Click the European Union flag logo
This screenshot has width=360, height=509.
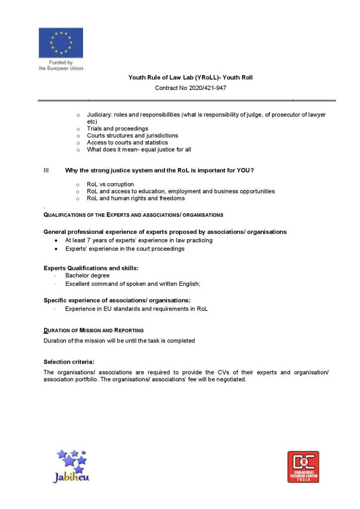[x=61, y=43]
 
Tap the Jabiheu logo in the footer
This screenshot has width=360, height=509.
[x=71, y=466]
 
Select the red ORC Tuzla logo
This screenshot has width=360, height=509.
[x=303, y=467]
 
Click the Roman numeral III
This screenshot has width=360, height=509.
[x=46, y=170]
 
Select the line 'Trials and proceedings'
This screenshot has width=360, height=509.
[x=117, y=129]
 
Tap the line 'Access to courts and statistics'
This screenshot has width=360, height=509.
[x=127, y=143]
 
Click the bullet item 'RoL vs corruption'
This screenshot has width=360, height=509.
[x=110, y=184]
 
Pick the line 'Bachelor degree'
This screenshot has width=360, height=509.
[x=88, y=275]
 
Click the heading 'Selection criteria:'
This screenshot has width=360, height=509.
[x=69, y=362]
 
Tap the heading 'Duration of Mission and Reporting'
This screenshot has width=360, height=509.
[x=93, y=331]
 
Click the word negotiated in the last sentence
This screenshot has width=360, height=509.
[x=230, y=380]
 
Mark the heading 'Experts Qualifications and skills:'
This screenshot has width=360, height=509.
[x=91, y=268]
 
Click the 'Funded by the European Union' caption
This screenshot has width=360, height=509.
[x=61, y=66]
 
